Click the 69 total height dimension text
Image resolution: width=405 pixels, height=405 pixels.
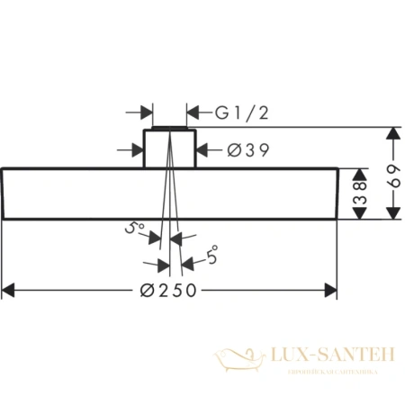pos(391,174)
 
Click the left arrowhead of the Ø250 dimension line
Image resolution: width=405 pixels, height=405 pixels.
pos(10,290)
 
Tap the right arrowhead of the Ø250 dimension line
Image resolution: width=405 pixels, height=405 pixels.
pos(330,290)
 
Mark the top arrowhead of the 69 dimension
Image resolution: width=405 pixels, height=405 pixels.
pos(392,133)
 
